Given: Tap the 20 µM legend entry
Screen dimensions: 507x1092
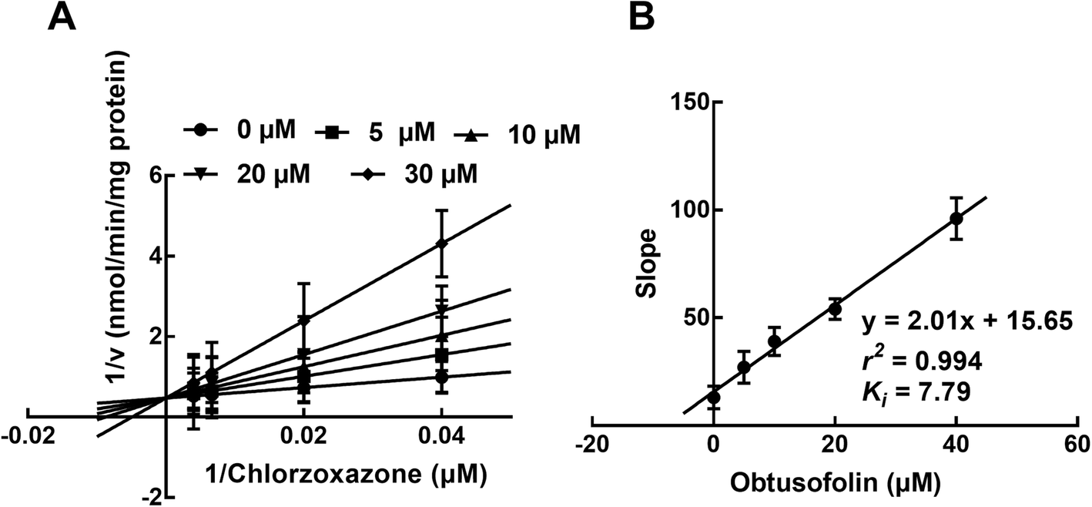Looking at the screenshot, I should (x=254, y=174).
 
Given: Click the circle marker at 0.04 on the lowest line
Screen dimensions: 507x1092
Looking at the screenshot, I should (x=441, y=378).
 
